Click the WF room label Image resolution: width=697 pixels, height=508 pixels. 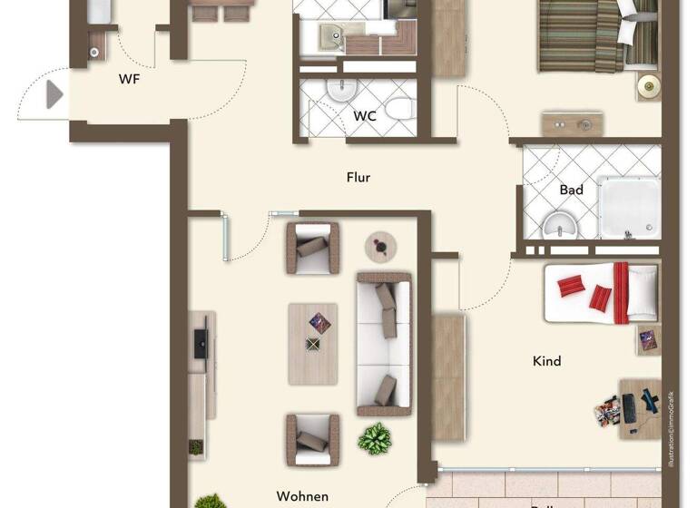130,79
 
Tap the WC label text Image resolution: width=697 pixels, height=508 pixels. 365,116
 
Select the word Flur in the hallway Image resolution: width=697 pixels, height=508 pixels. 358,178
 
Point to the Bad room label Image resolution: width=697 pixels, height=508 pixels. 571,190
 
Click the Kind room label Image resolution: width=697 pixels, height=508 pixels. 546,361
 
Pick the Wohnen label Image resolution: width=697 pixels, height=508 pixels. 302,496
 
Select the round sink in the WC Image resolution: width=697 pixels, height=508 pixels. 341,91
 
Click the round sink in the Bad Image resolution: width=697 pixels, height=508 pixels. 555,226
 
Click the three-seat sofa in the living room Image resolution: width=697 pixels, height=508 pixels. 384,339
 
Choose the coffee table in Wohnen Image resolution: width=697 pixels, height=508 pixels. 313,343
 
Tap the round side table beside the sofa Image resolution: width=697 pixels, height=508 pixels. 381,245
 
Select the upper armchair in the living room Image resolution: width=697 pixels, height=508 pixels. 313,248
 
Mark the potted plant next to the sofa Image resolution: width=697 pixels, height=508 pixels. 374,438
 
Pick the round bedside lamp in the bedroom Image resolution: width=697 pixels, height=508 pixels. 649,86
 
